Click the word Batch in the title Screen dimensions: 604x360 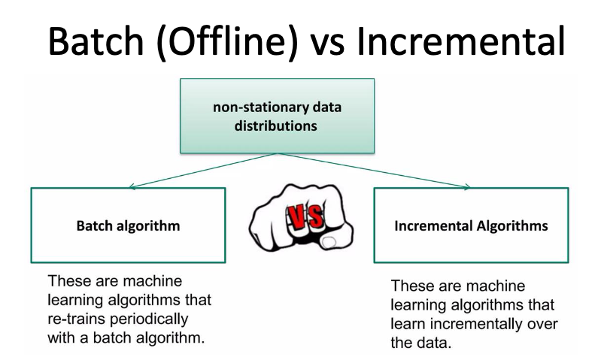pos(96,41)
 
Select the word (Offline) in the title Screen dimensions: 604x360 pos(227,42)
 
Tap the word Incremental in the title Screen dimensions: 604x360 pos(460,41)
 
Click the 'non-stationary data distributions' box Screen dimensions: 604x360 pos(277,116)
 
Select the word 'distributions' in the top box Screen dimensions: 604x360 pos(276,126)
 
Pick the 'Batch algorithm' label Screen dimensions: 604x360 pos(129,225)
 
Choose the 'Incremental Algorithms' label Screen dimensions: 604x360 pos(471,225)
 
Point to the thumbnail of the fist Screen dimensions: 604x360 pos(301,218)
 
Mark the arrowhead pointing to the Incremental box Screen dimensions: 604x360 pos(467,186)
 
